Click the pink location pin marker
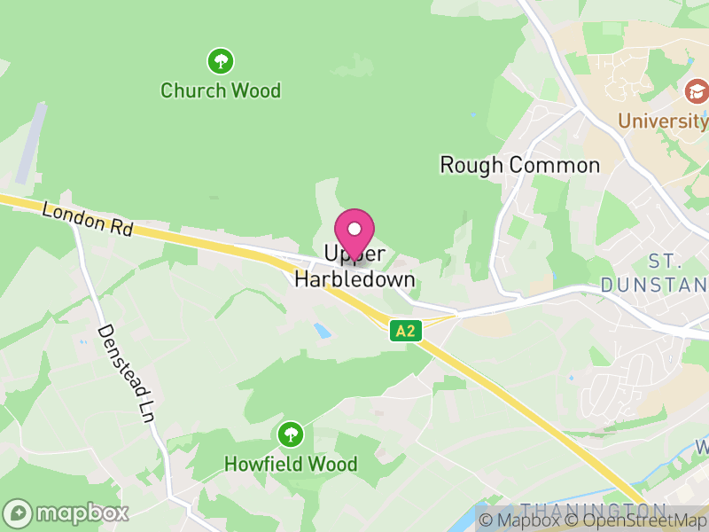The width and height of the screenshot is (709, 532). tap(354, 233)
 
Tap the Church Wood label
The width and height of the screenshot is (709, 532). tap(221, 90)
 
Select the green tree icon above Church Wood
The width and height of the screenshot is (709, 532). tap(221, 61)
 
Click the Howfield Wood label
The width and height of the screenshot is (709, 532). tap(291, 464)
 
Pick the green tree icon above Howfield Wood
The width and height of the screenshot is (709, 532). tap(290, 434)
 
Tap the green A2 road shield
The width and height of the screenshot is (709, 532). tap(405, 332)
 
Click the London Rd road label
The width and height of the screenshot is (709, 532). tap(87, 219)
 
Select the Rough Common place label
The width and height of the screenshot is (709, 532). tap(520, 165)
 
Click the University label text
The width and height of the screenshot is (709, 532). tap(663, 121)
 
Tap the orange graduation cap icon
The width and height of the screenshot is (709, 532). tap(697, 90)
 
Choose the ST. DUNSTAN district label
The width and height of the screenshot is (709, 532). tap(656, 273)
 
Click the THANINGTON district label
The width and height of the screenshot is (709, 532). tap(593, 510)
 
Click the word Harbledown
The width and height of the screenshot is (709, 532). tap(354, 279)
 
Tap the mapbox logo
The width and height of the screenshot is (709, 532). tap(66, 512)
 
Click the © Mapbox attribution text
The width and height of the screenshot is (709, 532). tap(519, 520)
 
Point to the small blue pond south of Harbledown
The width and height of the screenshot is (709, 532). tap(323, 331)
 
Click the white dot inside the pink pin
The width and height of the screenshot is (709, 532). tap(354, 229)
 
